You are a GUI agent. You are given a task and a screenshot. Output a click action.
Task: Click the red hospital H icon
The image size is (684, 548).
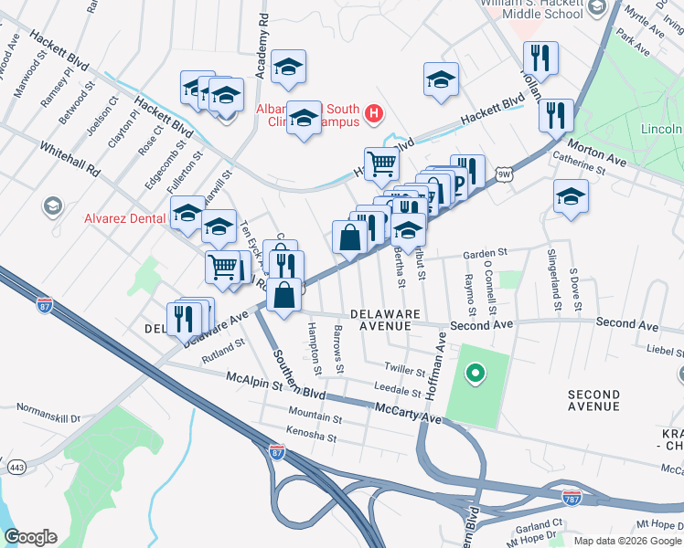373,114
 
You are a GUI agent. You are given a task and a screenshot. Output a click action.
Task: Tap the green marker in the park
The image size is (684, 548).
475,372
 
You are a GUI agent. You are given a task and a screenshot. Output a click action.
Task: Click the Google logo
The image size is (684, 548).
30,537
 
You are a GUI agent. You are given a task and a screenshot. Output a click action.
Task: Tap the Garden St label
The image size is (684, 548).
485,253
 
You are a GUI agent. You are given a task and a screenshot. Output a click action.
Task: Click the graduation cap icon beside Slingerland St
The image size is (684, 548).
571,197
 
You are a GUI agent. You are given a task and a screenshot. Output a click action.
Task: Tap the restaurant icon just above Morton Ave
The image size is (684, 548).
555,116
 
